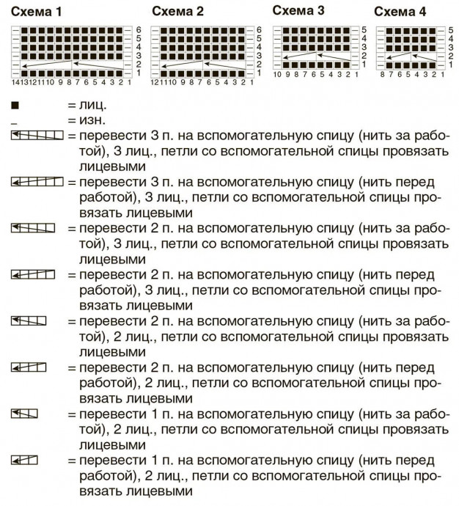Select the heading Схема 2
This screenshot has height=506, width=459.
(178, 12)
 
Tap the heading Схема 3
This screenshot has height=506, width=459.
(298, 10)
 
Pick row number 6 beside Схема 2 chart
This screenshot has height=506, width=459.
(259, 29)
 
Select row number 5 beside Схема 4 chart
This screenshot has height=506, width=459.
(450, 29)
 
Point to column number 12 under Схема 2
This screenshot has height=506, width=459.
(155, 82)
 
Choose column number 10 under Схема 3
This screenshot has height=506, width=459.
(277, 75)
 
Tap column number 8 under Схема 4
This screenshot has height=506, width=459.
(382, 75)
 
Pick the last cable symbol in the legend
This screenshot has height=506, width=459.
(24, 459)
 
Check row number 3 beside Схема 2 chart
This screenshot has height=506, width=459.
(259, 56)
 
